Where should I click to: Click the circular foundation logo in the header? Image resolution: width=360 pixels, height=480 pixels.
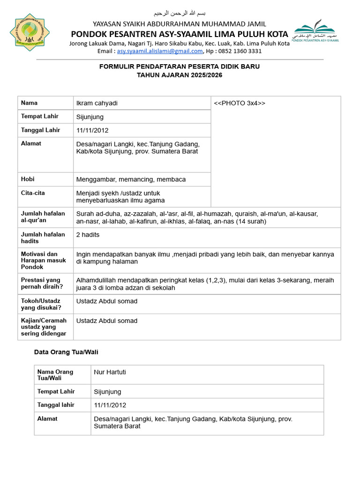coord(30,32)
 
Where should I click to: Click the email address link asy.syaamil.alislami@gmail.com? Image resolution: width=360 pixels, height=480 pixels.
coord(159,51)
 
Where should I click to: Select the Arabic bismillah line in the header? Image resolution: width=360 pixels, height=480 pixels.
coord(180,13)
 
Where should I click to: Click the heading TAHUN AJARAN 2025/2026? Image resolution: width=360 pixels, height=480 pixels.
coord(180,75)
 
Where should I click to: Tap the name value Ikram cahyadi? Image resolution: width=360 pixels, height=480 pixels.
coord(97,103)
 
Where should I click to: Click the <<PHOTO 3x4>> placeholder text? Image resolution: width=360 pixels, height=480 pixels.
coord(240,103)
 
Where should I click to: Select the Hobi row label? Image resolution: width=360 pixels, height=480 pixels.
coord(28,179)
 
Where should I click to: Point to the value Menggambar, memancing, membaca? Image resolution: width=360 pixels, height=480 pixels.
coord(131,180)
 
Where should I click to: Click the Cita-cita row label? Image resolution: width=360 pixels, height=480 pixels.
coord(33,193)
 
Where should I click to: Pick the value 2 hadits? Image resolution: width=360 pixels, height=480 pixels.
coord(88,234)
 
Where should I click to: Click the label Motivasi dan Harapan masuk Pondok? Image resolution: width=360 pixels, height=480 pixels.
coord(43,260)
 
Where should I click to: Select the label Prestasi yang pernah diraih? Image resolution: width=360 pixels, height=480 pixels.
coord(42,283)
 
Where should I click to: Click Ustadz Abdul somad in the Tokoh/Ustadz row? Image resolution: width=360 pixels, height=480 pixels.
coord(107,301)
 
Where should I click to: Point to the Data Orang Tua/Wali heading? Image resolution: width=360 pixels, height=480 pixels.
coord(66,352)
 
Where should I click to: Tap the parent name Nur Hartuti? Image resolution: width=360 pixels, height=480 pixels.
coord(110,372)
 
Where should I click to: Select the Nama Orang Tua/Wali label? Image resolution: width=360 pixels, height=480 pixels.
coord(55,375)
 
